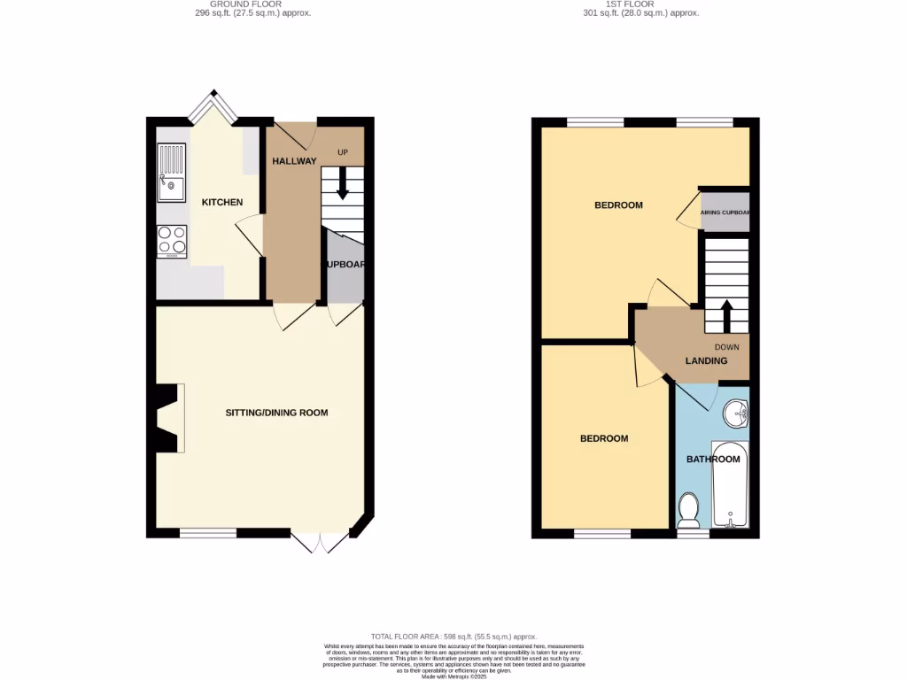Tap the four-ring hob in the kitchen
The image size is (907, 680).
(x=172, y=240)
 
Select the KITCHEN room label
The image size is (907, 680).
(x=222, y=203)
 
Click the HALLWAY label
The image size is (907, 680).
(x=294, y=161)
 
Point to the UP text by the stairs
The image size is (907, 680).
(x=343, y=153)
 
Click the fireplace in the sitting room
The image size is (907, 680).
(x=168, y=418)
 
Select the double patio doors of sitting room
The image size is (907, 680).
(x=320, y=542)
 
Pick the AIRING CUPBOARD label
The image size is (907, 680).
(x=725, y=212)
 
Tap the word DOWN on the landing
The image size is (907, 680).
(x=726, y=347)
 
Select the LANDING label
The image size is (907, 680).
(x=706, y=361)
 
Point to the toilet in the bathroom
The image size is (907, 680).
(x=688, y=510)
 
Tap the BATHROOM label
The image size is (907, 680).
(x=713, y=460)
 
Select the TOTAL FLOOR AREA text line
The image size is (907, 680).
(x=453, y=637)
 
